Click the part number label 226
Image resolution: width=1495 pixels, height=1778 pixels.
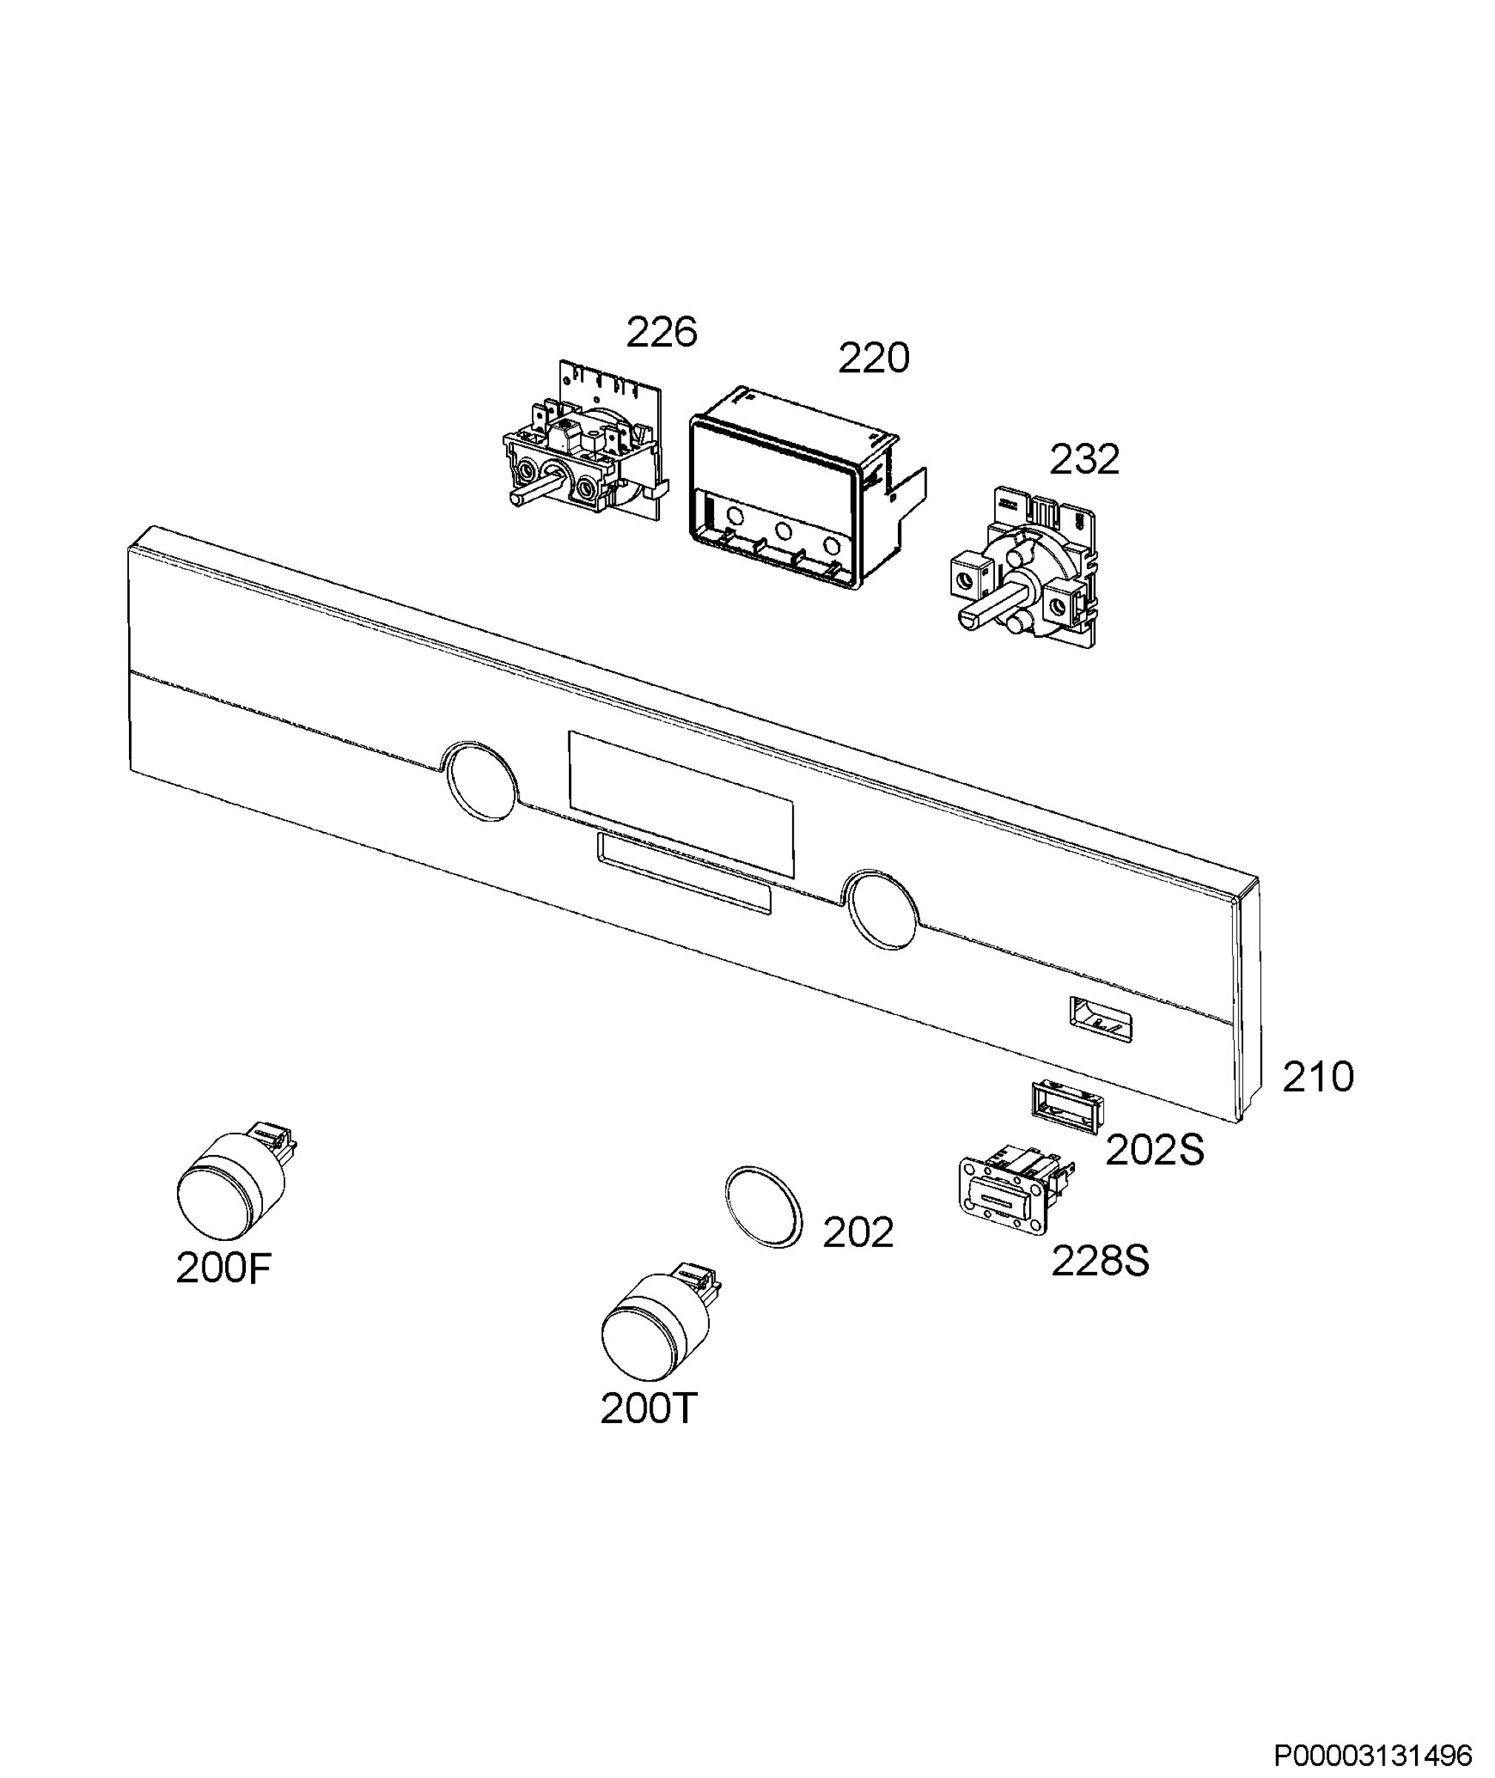661,331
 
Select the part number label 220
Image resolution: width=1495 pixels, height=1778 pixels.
873,358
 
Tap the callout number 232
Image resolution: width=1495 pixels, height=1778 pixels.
1085,459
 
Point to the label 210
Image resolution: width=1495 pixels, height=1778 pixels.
1318,1077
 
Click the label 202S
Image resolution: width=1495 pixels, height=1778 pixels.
1155,1150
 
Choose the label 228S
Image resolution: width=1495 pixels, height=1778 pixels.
1100,1261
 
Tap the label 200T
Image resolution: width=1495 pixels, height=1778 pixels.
648,1408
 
